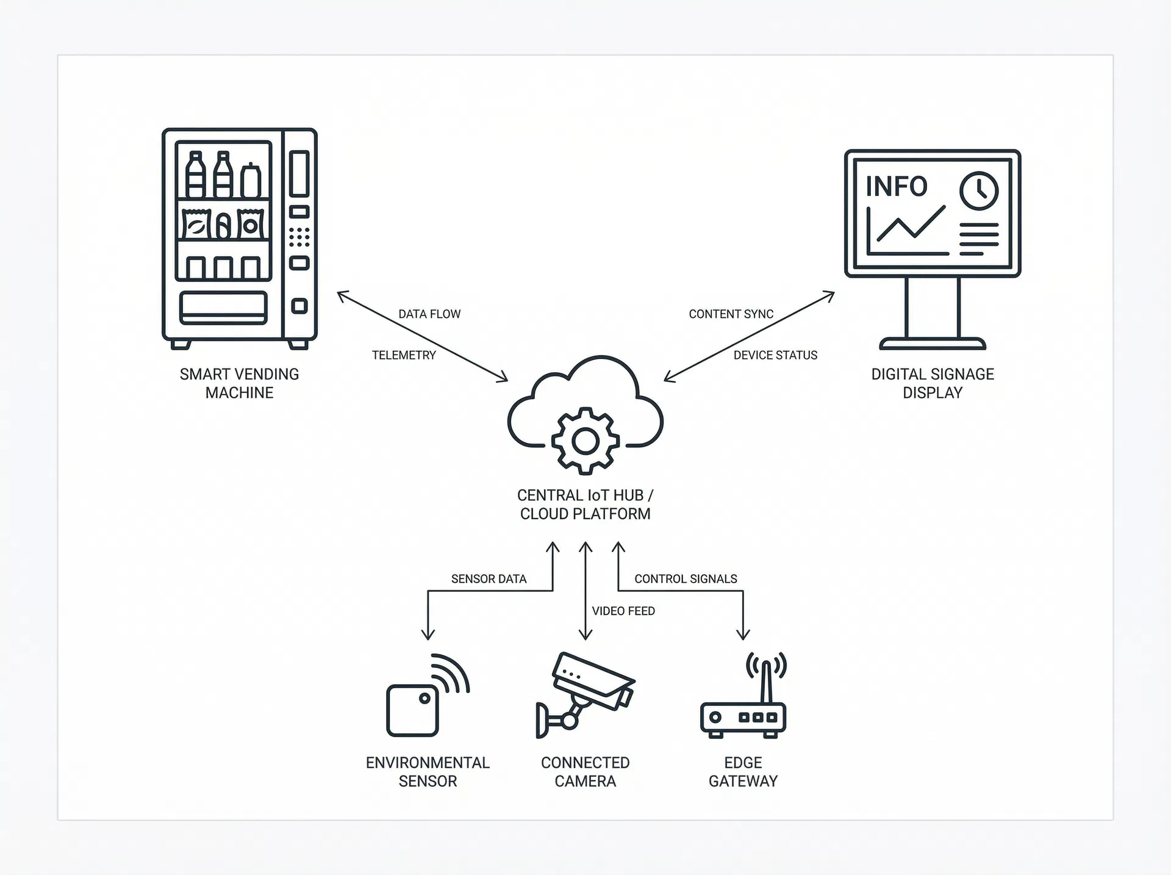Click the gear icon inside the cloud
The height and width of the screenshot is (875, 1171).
pos(585,441)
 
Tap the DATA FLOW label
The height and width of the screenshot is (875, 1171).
pos(429,314)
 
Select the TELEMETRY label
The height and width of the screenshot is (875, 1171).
pos(404,355)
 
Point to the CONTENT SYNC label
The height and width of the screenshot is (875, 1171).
pos(731,314)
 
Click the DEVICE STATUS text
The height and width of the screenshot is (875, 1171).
pos(775,355)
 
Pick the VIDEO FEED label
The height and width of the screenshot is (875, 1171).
pos(623,611)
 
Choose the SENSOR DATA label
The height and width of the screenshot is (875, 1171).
pos(489,578)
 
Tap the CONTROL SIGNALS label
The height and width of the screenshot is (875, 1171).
pos(686,578)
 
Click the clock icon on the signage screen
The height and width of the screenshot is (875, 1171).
pos(978,191)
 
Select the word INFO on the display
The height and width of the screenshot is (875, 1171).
pos(896,187)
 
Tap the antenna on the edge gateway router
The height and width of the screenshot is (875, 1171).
pos(767,680)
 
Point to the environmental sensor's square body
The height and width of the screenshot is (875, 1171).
pos(412,711)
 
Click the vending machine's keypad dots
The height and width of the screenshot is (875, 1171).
pos(299,237)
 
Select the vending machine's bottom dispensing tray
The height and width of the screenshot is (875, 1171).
pos(223,308)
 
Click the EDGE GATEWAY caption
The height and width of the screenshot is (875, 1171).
pos(743,772)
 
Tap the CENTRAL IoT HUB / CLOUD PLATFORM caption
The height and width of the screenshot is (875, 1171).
pos(585,505)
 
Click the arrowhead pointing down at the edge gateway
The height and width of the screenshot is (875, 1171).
pos(743,635)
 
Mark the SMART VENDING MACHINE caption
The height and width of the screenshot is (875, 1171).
pos(239,383)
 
